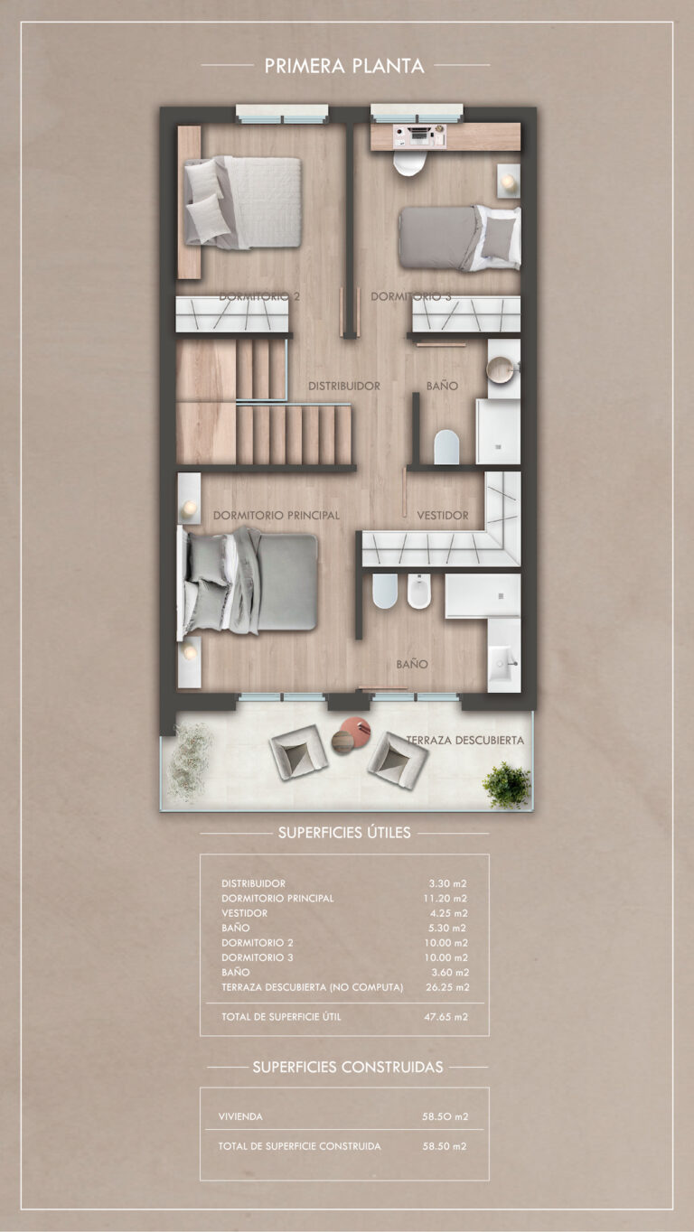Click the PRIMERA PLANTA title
coord(344,66)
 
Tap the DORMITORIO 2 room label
coord(259,297)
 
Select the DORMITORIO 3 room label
coord(410,297)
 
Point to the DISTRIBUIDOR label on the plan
coord(344,386)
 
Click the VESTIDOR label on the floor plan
coord(443,516)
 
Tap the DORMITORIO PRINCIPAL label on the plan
coord(277,516)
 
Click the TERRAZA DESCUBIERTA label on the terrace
coord(465,741)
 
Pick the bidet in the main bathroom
coord(418,592)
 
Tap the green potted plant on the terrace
coord(506,785)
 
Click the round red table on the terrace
coord(355,731)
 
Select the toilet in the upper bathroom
coord(446,446)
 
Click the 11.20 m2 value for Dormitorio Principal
coord(445,898)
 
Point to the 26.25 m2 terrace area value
coord(447,987)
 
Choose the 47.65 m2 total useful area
coord(445,1017)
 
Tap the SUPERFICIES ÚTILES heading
coord(344,833)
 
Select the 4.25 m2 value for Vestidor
coord(448,913)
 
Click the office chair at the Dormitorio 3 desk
coord(410,163)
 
